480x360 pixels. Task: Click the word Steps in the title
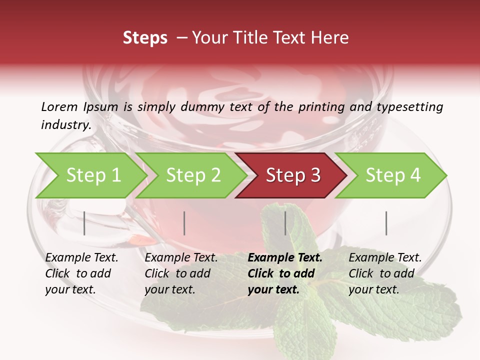click(145, 38)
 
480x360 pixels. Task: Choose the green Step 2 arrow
click(193, 175)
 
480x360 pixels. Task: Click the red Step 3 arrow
click(293, 175)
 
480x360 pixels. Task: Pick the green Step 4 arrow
click(393, 175)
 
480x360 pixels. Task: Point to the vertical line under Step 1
click(84, 223)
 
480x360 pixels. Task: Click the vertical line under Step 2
click(184, 223)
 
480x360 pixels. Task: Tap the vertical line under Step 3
click(285, 223)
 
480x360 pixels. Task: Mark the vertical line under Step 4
click(386, 223)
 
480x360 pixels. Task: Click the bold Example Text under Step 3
click(285, 258)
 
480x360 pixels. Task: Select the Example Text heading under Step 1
click(81, 258)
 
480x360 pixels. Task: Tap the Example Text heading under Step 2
click(181, 258)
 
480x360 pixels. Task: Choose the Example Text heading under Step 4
click(385, 258)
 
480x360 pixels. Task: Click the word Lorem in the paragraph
click(59, 107)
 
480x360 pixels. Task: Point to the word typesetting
click(410, 107)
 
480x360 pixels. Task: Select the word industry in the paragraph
click(65, 125)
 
